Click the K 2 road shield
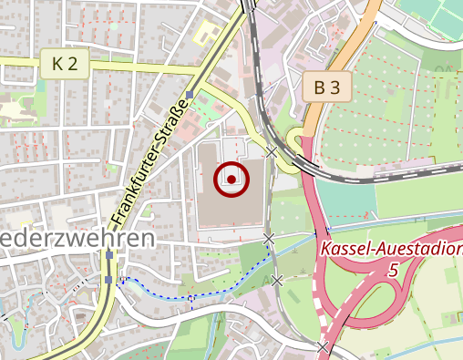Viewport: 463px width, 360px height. coord(64,64)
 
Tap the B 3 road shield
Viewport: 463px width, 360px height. coord(327,87)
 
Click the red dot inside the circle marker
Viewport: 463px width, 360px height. coord(232,180)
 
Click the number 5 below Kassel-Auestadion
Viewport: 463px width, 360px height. coord(393,270)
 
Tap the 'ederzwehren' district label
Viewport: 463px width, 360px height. coord(77,239)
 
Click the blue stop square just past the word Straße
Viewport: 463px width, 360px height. coord(189,95)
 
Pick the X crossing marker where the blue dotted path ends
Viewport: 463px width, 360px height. coord(277,281)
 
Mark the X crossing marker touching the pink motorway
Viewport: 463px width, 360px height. coord(322,346)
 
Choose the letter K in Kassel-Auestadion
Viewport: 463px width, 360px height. coord(325,248)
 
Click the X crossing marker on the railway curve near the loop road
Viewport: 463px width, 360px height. coord(271,152)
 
